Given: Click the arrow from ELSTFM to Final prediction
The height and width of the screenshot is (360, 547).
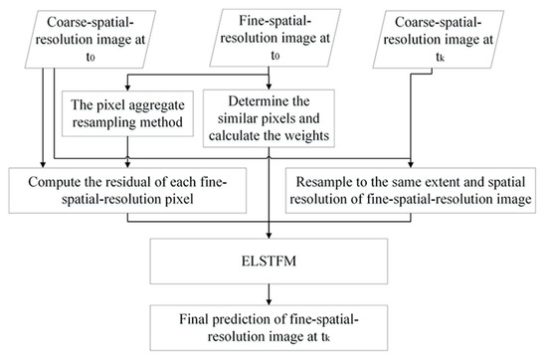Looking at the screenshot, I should pos(271,294).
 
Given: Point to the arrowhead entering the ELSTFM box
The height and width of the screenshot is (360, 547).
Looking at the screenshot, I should pos(271,243).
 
